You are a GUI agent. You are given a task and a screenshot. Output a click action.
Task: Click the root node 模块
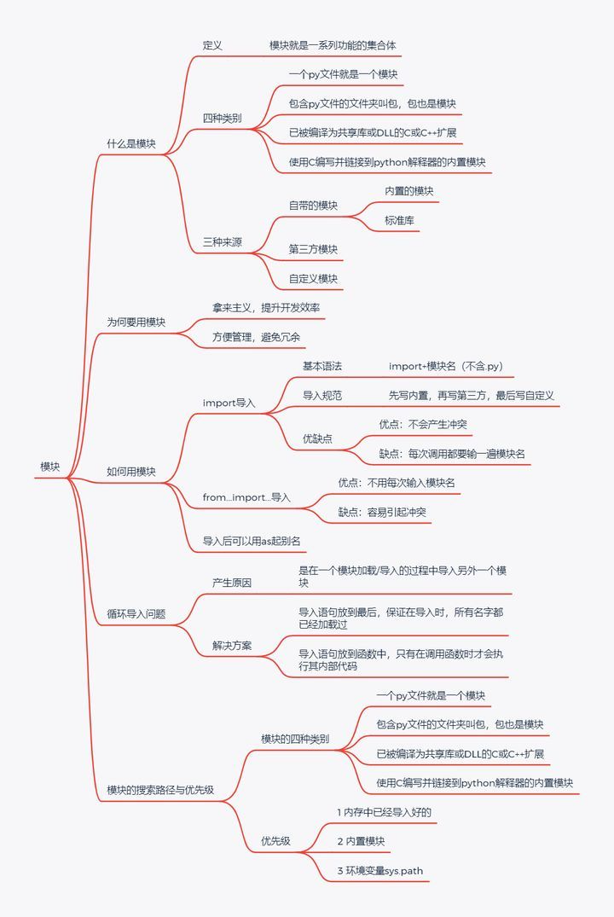click(50, 467)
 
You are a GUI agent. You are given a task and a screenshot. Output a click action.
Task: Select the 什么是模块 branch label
click(130, 144)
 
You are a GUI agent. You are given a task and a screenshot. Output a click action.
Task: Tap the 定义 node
click(212, 45)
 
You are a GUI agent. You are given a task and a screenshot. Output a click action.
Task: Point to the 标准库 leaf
click(400, 220)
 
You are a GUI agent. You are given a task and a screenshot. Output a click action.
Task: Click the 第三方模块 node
click(313, 249)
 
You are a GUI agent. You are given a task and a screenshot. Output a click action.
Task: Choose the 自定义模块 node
click(313, 279)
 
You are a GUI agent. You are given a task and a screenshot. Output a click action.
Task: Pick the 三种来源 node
click(222, 242)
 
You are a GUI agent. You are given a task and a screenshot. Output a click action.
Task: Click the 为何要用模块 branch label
click(136, 322)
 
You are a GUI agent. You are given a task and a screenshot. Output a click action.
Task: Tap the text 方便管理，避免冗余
click(256, 337)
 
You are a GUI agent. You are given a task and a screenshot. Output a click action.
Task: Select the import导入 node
click(229, 403)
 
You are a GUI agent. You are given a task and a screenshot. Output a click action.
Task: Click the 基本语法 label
click(321, 366)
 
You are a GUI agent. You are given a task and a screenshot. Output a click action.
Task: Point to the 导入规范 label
click(321, 396)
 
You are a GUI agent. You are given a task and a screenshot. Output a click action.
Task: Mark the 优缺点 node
click(317, 438)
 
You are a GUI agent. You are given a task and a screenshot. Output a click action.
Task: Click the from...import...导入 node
click(246, 497)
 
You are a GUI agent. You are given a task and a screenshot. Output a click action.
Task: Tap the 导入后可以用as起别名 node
click(251, 541)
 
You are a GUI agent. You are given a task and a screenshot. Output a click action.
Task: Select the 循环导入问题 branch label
click(136, 613)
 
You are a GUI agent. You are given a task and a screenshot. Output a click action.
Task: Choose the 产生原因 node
click(232, 583)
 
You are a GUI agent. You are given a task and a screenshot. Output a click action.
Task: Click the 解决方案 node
click(232, 645)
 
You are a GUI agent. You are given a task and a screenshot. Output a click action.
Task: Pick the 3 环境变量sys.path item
click(379, 871)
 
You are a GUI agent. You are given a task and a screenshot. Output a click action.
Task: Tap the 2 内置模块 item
click(361, 842)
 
